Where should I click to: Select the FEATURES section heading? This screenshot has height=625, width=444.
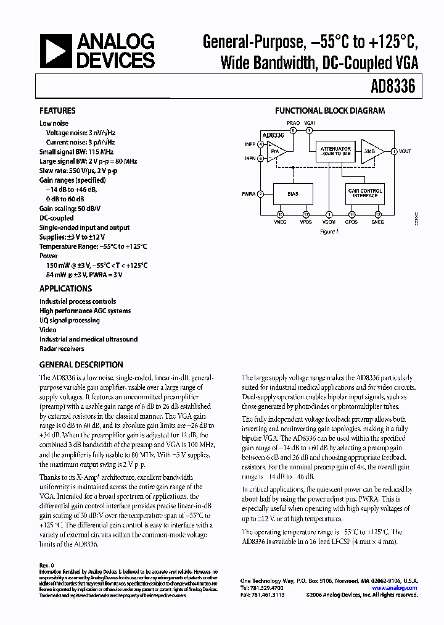pyautogui.click(x=57, y=111)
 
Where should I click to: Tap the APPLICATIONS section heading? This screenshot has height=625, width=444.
pyautogui.click(x=65, y=288)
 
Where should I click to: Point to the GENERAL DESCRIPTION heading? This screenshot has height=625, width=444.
pyautogui.click(x=81, y=364)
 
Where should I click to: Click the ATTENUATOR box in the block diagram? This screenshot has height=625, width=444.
pyautogui.click(x=335, y=151)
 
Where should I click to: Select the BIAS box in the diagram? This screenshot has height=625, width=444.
pyautogui.click(x=292, y=194)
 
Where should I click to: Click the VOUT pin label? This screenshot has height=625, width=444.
pyautogui.click(x=405, y=151)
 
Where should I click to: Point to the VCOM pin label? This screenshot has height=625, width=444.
pyautogui.click(x=329, y=222)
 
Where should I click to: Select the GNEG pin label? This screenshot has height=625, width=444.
pyautogui.click(x=378, y=222)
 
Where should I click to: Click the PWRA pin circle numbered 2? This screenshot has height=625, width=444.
pyautogui.click(x=261, y=194)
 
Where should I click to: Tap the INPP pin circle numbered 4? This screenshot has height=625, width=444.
pyautogui.click(x=261, y=145)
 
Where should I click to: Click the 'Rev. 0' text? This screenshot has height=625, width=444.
pyautogui.click(x=47, y=565)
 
